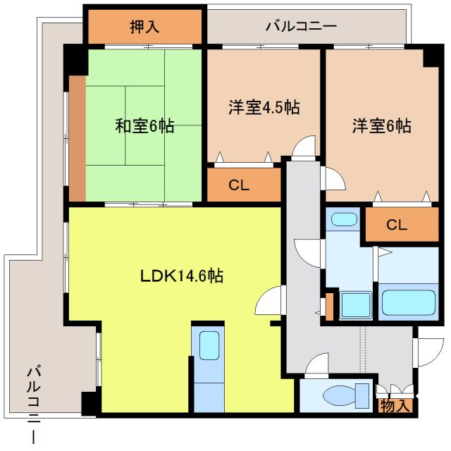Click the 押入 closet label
[144, 27]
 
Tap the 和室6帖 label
[144, 126]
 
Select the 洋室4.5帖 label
[264, 108]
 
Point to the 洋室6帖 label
[382, 126]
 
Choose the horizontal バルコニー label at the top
[301, 27]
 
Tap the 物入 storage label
[395, 405]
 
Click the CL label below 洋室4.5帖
[239, 185]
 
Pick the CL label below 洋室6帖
[397, 225]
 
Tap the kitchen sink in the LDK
[208, 345]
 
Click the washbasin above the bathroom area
[345, 219]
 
